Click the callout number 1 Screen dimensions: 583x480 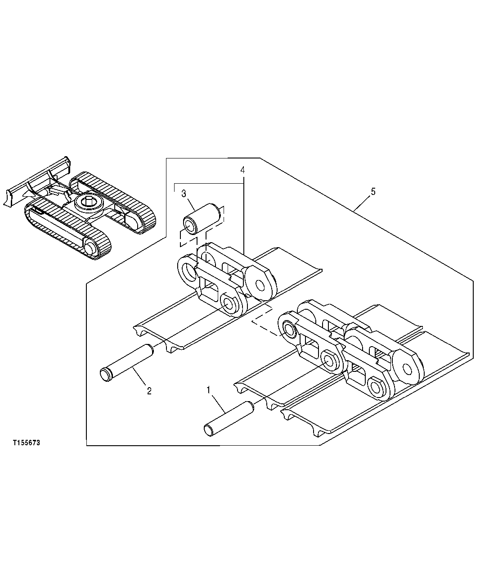coord(208,389)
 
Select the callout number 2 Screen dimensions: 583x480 coord(149,390)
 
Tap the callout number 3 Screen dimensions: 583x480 coord(184,194)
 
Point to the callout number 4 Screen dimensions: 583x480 coord(242,170)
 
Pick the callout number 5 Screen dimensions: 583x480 coord(372,191)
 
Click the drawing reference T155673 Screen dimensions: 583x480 coord(27,443)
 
